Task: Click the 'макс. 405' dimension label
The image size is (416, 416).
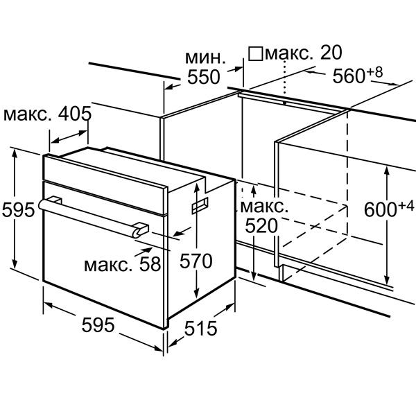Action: tap(47, 114)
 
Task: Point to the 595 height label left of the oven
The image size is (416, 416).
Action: tap(18, 209)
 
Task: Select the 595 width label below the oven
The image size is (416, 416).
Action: tap(98, 325)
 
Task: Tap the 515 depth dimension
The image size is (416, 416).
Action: tap(200, 328)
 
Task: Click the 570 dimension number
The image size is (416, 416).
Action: tap(196, 261)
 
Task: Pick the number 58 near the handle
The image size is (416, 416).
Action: tap(150, 264)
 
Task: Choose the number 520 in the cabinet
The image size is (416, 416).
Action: tap(261, 226)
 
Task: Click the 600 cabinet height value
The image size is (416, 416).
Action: tap(380, 209)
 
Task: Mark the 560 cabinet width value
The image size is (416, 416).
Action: tap(349, 76)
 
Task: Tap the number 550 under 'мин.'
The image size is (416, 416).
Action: tap(204, 77)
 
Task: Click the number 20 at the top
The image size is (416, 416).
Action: tap(331, 53)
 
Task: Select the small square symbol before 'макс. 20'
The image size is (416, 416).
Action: tap(255, 53)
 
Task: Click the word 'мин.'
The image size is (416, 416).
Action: tap(205, 58)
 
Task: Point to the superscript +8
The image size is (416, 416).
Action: tap(375, 72)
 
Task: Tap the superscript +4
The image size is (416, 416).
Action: tap(406, 206)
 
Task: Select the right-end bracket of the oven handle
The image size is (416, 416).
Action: tap(140, 229)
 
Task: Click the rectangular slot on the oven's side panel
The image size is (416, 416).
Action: tap(200, 206)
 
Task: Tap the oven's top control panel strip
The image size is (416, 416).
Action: tap(105, 184)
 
